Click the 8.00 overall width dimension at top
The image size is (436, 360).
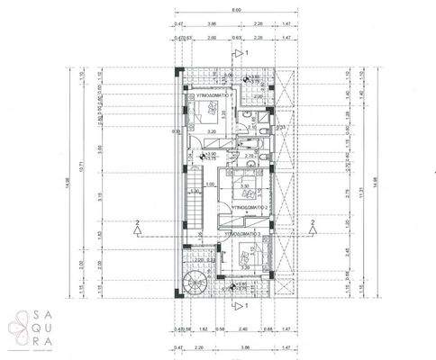pyautogui.click(x=237, y=11)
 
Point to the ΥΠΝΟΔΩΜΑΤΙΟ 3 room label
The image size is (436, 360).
pyautogui.click(x=236, y=232)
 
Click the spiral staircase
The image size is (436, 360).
pyautogui.click(x=193, y=283)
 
